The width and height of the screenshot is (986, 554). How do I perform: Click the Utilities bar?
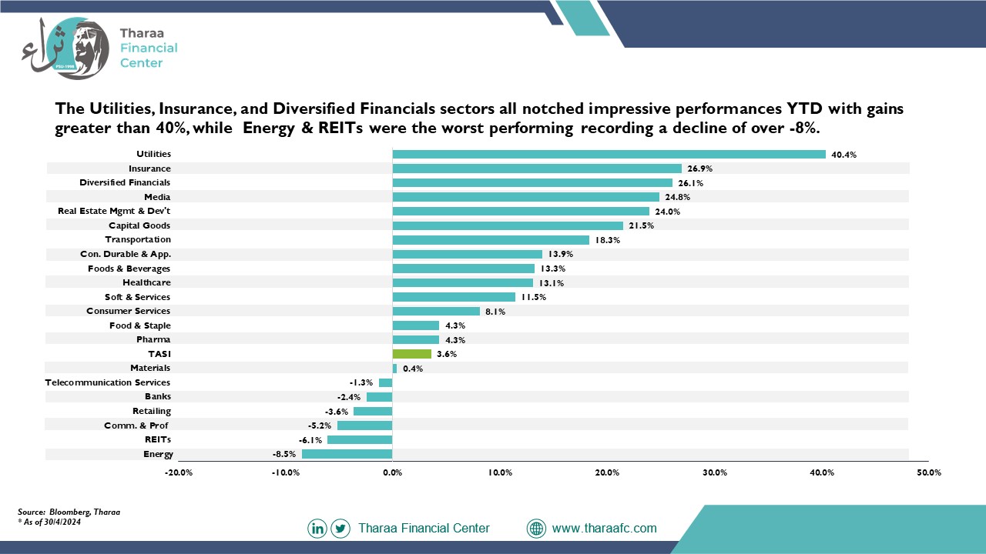coord(609,155)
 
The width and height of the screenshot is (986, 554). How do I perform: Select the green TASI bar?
coord(412,354)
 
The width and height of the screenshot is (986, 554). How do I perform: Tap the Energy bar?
coord(347,454)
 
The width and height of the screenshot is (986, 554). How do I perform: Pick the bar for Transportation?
coord(491,240)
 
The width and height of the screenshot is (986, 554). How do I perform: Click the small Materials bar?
coord(394,369)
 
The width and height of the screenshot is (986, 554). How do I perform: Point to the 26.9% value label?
coord(699,169)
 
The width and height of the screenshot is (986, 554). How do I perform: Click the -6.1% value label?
coord(310,440)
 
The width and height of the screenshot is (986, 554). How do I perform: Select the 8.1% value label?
coord(495,312)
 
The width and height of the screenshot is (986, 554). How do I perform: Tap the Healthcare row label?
coord(146,282)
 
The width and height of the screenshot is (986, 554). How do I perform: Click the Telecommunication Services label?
coord(107,382)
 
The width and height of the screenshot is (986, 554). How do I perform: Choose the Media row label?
coord(157,197)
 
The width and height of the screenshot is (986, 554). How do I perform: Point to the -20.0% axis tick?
coord(179,472)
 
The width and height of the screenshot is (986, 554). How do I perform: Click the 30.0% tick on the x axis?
coord(715,472)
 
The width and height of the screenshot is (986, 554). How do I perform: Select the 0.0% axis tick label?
coord(393,472)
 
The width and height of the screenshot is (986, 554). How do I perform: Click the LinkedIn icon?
coord(317,528)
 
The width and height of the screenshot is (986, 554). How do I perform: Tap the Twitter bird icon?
coord(340,528)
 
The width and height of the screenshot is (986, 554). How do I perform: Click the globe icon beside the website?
coord(536,528)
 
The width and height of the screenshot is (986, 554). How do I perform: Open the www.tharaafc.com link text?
coord(605,528)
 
